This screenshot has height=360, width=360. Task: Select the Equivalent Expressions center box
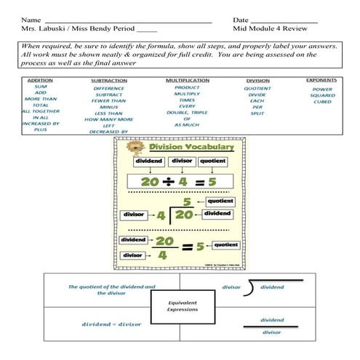coord(183,307)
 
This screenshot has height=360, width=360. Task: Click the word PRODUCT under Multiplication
coord(187,87)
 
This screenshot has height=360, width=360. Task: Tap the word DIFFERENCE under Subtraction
coord(108,88)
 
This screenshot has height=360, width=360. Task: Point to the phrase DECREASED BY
coord(109,132)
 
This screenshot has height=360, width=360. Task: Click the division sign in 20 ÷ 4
coord(170,180)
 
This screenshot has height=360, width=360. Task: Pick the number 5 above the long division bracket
coord(186,201)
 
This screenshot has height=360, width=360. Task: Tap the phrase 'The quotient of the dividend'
coord(101,287)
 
